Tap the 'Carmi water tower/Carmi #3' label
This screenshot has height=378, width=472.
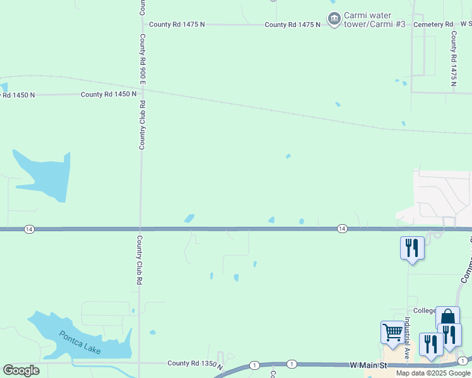tap(367, 20)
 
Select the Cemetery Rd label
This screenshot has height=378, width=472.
tap(433, 25)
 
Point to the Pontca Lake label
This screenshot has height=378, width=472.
tap(80, 342)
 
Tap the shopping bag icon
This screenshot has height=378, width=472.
tap(447, 317)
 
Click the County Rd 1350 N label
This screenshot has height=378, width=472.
tap(196, 364)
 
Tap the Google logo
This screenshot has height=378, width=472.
tap(21, 370)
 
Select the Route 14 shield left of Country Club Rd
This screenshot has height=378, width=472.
tap(29, 229)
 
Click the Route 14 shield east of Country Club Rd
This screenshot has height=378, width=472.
tap(341, 228)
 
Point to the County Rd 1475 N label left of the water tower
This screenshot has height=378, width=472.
tap(177, 25)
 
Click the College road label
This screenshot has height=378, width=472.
tap(425, 311)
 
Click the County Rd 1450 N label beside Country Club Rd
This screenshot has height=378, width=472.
tap(109, 94)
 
